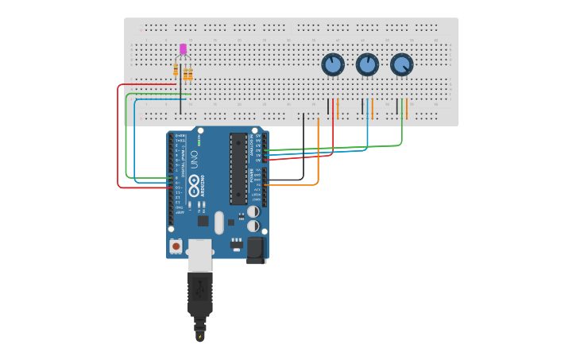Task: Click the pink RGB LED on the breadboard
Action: [183, 49]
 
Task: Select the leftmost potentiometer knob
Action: [332, 64]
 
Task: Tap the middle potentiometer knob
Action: [367, 64]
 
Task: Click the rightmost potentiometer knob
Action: [402, 64]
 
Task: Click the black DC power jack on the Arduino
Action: [256, 250]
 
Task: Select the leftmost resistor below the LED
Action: [176, 71]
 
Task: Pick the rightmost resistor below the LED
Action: [190, 75]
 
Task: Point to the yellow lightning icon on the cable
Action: [199, 337]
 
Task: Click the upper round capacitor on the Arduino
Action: [253, 212]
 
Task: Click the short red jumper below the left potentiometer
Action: [333, 108]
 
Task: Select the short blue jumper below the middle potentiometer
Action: [367, 108]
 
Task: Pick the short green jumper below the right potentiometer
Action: [402, 108]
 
